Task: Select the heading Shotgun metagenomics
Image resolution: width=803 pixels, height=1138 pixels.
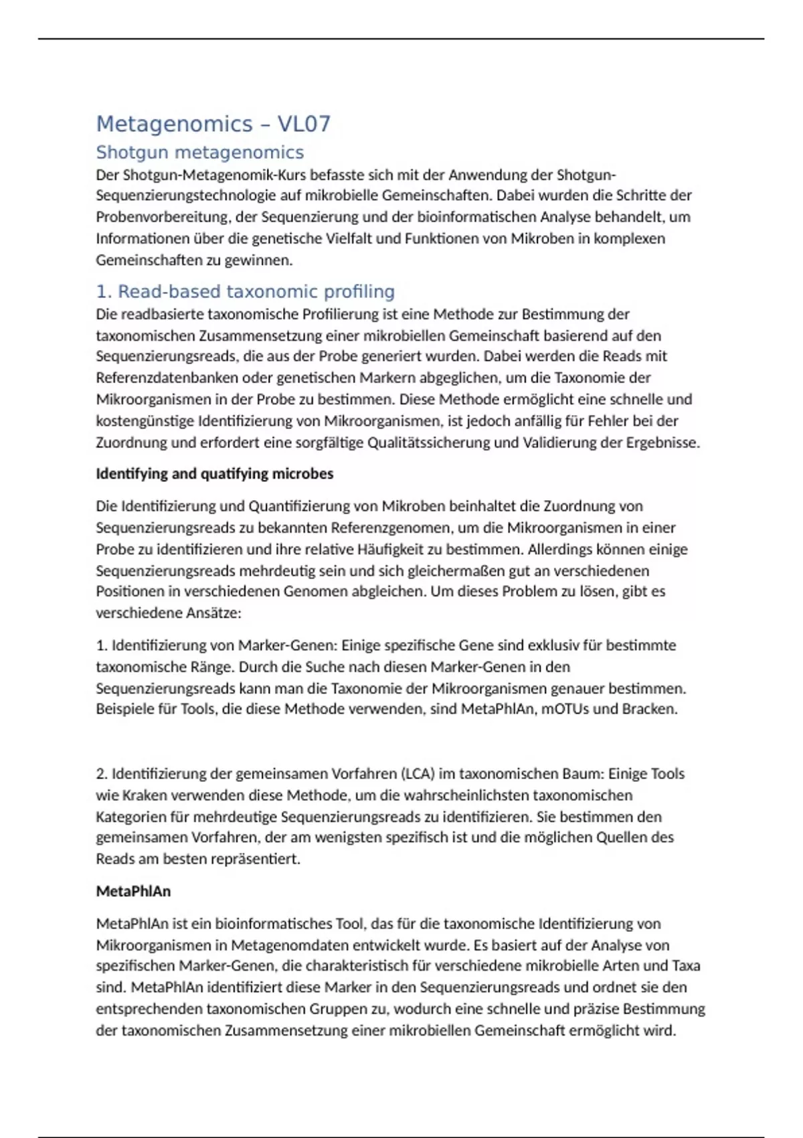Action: tap(199, 153)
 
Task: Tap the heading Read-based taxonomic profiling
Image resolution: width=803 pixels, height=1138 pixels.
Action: tap(246, 292)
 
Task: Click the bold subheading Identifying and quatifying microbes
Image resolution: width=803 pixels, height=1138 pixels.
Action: tap(214, 474)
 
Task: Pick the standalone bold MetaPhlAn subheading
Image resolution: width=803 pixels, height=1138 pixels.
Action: tap(133, 892)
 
